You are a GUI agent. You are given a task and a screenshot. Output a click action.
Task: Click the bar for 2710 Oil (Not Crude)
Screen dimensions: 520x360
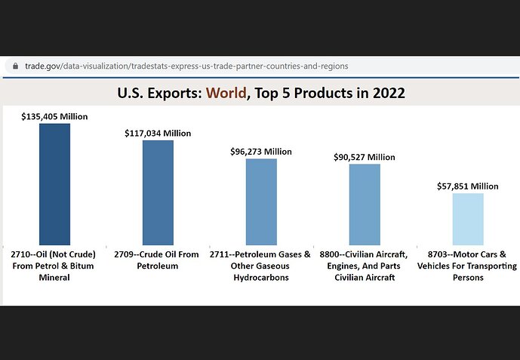[55, 184]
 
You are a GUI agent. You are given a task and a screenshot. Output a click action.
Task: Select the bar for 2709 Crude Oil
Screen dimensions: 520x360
[158, 192]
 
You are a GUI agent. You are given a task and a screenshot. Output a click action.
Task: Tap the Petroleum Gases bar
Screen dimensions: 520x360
[261, 202]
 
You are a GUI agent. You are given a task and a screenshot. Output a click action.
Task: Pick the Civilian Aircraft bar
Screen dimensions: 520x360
[365, 205]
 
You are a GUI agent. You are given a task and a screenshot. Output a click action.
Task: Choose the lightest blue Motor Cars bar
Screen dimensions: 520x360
[468, 219]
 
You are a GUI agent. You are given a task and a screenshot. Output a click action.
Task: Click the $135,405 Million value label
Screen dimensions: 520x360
[54, 117]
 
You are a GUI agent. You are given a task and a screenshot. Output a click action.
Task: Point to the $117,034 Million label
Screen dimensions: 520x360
[158, 134]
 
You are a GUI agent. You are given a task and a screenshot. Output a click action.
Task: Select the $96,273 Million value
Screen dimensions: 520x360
[261, 152]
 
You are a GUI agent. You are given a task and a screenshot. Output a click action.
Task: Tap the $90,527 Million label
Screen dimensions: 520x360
[365, 157]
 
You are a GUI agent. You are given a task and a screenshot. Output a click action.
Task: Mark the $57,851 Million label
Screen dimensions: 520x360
[468, 186]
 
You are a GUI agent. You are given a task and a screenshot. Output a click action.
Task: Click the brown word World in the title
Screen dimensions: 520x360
[226, 93]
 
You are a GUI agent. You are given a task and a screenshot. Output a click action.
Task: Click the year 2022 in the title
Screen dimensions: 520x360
[389, 93]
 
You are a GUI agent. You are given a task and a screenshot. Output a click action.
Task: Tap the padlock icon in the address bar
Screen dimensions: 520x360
[15, 66]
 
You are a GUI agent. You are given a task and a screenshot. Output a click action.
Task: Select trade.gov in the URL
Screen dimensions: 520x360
[42, 66]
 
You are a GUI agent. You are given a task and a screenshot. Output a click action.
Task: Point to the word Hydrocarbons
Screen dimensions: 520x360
[261, 278]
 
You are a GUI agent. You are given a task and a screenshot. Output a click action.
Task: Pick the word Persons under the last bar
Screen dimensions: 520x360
[468, 278]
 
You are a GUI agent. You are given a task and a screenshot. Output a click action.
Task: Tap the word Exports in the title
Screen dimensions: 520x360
[174, 93]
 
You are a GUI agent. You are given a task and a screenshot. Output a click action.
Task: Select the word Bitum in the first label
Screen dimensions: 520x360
[82, 266]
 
